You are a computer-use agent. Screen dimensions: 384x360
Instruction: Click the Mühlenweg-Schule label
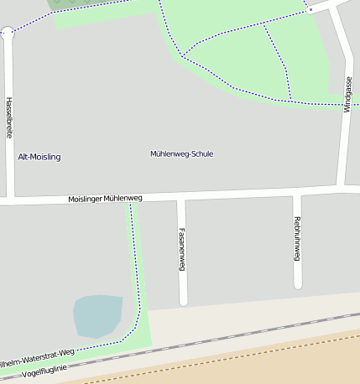point(181,154)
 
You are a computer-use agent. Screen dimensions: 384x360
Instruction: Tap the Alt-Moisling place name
point(39,157)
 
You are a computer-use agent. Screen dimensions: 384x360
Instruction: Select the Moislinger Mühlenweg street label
point(105,199)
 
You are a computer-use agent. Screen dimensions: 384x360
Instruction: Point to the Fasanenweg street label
point(181,249)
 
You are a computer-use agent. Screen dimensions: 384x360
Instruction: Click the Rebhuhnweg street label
point(297,238)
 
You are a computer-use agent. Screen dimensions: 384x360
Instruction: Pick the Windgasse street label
point(348,94)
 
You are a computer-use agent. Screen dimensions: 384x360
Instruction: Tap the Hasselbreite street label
point(9,117)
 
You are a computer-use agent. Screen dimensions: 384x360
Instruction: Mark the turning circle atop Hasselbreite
point(8,33)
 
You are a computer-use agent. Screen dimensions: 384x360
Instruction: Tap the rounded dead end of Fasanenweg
point(183,301)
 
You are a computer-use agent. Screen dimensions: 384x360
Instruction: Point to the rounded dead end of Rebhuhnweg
point(298,285)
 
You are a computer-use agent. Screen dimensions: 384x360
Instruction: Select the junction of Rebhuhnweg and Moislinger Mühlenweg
point(297,194)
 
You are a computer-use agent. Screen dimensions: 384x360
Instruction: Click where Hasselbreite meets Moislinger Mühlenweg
point(10,201)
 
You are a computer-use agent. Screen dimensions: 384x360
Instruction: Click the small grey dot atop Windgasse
point(310,9)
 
